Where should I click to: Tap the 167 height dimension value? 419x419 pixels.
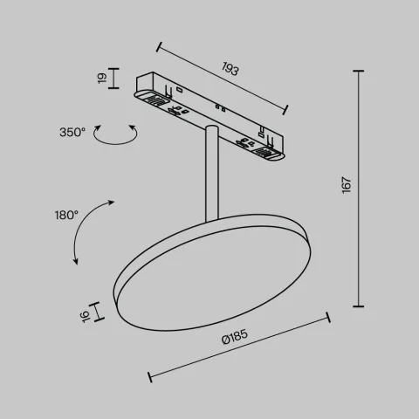click(347, 186)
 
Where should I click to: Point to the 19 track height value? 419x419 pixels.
click(101, 79)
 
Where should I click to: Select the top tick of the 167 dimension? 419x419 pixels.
click(360, 70)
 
